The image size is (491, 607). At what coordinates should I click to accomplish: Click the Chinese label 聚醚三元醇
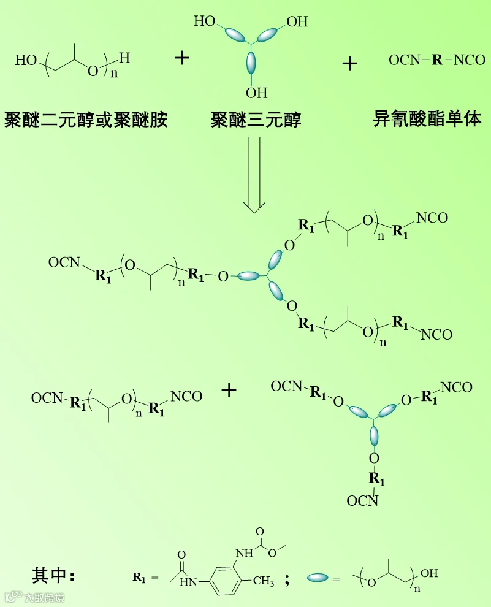pyautogui.click(x=256, y=118)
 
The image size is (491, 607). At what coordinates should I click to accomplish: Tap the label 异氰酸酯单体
pyautogui.click(x=427, y=118)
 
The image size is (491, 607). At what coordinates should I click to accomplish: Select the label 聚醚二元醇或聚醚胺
pyautogui.click(x=86, y=118)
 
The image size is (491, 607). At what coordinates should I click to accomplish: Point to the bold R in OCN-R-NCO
pyautogui.click(x=436, y=60)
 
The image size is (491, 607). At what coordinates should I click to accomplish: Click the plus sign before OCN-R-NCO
pyautogui.click(x=349, y=63)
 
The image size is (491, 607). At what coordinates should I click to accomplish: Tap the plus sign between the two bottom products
pyautogui.click(x=229, y=390)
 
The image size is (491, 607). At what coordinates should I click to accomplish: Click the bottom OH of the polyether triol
pyautogui.click(x=257, y=93)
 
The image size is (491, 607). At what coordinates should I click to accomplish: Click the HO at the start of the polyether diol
pyautogui.click(x=26, y=60)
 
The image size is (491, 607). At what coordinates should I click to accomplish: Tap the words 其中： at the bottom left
pyautogui.click(x=53, y=576)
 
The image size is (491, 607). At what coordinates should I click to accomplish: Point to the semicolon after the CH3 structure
pyautogui.click(x=287, y=579)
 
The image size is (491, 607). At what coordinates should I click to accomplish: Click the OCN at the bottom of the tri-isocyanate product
pyautogui.click(x=362, y=502)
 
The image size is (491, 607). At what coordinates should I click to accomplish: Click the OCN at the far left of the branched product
pyautogui.click(x=64, y=262)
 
